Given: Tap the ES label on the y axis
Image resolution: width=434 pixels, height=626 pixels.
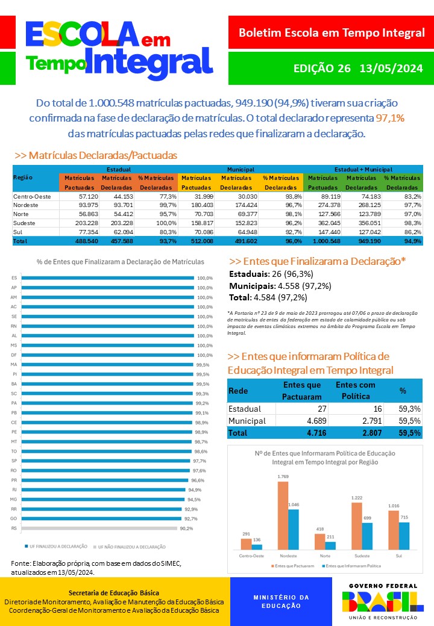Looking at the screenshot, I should (x=14, y=278).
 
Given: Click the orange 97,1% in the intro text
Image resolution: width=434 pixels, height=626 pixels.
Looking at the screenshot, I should (x=390, y=119).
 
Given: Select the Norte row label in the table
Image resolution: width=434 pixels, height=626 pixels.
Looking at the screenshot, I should (x=22, y=214).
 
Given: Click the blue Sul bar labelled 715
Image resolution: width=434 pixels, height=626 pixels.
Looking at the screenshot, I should (x=404, y=536).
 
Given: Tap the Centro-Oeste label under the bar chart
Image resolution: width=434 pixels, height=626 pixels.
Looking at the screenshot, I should (x=251, y=556).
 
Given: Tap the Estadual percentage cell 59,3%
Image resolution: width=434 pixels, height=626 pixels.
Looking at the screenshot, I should (x=410, y=409).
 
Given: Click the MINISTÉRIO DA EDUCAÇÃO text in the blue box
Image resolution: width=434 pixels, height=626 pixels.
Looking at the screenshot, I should (x=281, y=601).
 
